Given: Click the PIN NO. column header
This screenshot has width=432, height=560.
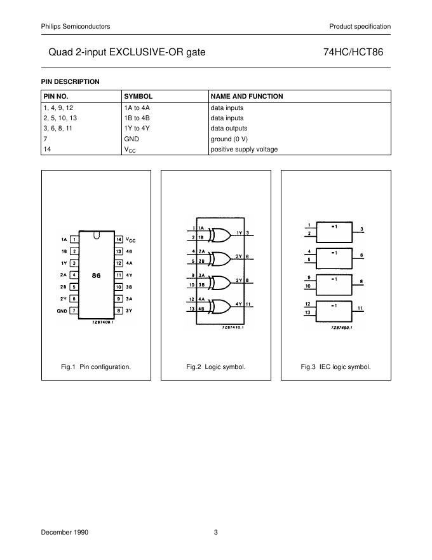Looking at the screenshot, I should tap(55, 96).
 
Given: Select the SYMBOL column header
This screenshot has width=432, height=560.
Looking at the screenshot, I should tap(138, 96).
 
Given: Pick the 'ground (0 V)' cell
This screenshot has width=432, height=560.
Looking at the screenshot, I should tap(229, 139).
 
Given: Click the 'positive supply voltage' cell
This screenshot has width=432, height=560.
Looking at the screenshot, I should tap(244, 150).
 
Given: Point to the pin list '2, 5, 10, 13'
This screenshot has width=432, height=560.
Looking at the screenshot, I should tap(60, 118).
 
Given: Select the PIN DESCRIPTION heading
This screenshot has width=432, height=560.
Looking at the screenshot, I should tap(71, 81).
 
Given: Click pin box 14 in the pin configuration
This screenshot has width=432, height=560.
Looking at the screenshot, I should tap(118, 239).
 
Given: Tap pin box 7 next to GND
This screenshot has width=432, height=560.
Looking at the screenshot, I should tap(74, 311).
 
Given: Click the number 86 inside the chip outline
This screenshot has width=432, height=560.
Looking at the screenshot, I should tap(97, 276).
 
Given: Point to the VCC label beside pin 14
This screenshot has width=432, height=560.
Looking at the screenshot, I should tap(131, 240).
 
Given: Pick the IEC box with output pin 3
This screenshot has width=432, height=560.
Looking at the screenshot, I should tap(335, 231).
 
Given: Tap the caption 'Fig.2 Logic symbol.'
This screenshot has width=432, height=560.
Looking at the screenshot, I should tap(215, 367).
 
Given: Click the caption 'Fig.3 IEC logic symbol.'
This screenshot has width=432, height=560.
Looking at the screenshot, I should tap(335, 367).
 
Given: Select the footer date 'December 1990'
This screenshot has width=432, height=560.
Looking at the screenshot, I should tap(65, 533).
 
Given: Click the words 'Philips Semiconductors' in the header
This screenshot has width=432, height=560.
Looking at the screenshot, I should tap(75, 26).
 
